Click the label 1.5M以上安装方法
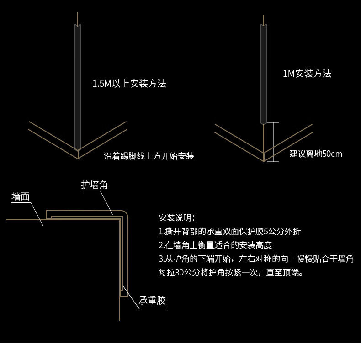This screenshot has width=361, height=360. pyautogui.click(x=129, y=84)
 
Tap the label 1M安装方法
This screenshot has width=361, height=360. pyautogui.click(x=307, y=74)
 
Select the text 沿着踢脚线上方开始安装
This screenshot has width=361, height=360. pyautogui.click(x=149, y=156)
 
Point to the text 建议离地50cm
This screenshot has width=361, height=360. pyautogui.click(x=316, y=154)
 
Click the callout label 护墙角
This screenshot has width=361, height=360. pyautogui.click(x=95, y=185)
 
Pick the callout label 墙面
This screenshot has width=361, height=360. pyautogui.click(x=21, y=196)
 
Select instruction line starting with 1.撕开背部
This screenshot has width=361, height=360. pyautogui.click(x=229, y=231)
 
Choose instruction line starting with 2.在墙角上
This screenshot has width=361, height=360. pyautogui.click(x=215, y=245)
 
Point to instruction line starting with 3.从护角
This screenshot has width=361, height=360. pyautogui.click(x=256, y=259)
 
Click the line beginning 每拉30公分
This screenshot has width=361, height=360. pyautogui.click(x=230, y=273)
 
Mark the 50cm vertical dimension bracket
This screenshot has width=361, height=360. pyautogui.click(x=273, y=142)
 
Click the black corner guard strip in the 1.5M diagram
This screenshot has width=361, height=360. pyautogui.click(x=78, y=87)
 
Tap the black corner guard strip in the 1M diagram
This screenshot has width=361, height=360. pyautogui.click(x=264, y=73)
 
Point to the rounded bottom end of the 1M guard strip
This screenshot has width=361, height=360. pyautogui.click(x=264, y=121)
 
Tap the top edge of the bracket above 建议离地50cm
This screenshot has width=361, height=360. pyautogui.click(x=273, y=122)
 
